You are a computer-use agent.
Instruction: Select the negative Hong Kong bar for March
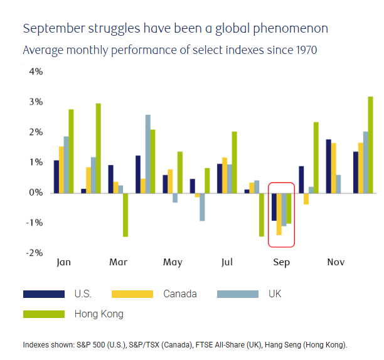pos(125,214)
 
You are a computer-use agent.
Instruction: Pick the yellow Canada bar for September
pos(279,214)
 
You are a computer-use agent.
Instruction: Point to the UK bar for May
pos(175,198)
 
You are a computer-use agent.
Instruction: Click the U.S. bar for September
pos(274,206)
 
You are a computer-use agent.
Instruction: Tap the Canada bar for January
pos(61,169)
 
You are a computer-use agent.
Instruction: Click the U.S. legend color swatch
pos(44,294)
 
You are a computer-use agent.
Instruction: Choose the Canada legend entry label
pos(180,294)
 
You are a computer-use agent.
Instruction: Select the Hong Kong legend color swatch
pos(44,314)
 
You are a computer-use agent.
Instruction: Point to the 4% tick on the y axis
pos(35,72)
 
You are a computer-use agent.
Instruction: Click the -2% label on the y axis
pos(34,253)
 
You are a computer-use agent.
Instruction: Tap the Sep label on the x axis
pos(282,262)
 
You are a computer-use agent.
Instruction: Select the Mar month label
pos(119,262)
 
